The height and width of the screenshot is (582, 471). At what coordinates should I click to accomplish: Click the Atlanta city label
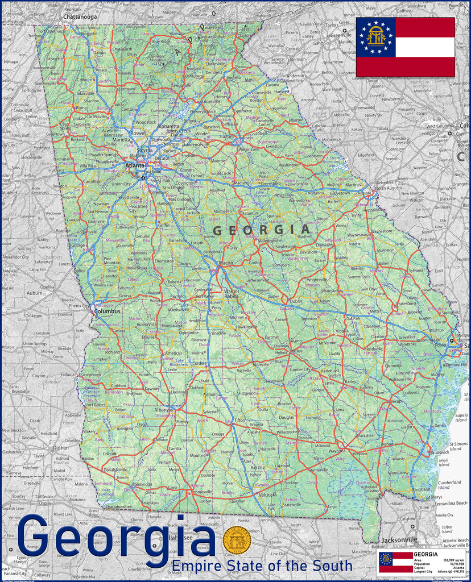(134, 166)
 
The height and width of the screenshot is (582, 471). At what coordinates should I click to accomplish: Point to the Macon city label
(226, 263)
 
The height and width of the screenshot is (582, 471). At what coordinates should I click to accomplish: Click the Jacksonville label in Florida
(399, 539)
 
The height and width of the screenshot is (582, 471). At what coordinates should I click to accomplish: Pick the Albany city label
(163, 410)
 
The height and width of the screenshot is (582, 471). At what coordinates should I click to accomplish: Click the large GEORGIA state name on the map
(262, 230)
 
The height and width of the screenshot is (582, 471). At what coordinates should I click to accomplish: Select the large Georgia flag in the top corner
(405, 47)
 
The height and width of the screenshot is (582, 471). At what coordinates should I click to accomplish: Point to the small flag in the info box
(395, 562)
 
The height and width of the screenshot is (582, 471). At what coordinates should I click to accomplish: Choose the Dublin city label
(296, 301)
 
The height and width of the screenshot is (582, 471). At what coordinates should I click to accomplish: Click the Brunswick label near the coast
(439, 452)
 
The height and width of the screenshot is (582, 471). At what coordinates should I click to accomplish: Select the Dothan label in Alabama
(61, 448)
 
